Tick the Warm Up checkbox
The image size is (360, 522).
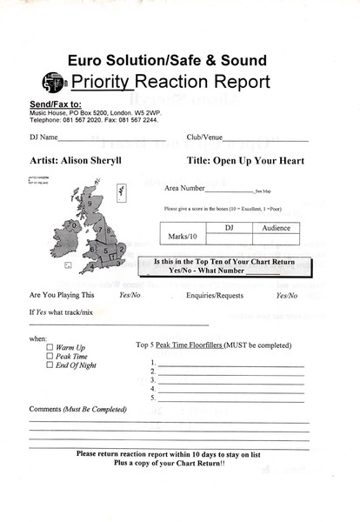(x=49, y=347)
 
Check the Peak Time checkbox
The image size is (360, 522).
(x=49, y=356)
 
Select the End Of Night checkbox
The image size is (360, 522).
(x=49, y=365)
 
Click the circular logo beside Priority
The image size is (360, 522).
(x=53, y=84)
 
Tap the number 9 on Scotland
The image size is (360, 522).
(x=90, y=203)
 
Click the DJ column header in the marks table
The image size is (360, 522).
(x=230, y=227)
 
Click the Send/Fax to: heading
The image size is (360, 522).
(x=56, y=104)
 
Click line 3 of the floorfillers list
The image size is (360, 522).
(x=230, y=380)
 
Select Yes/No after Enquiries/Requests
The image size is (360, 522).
(x=288, y=295)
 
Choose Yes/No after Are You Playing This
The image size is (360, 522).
(x=130, y=295)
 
